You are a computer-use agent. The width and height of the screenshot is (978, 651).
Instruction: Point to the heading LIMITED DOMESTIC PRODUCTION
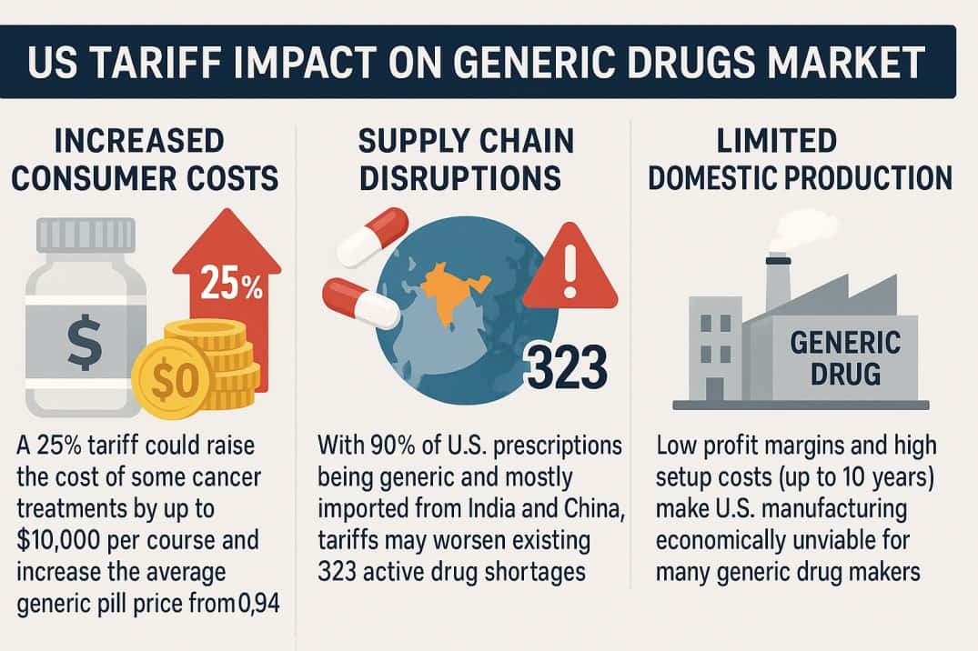tap(800, 159)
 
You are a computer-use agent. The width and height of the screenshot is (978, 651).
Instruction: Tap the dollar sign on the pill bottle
tap(84, 346)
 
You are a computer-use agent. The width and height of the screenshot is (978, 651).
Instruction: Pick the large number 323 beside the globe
tap(566, 369)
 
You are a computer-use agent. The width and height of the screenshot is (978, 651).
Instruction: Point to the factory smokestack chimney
tap(777, 282)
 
